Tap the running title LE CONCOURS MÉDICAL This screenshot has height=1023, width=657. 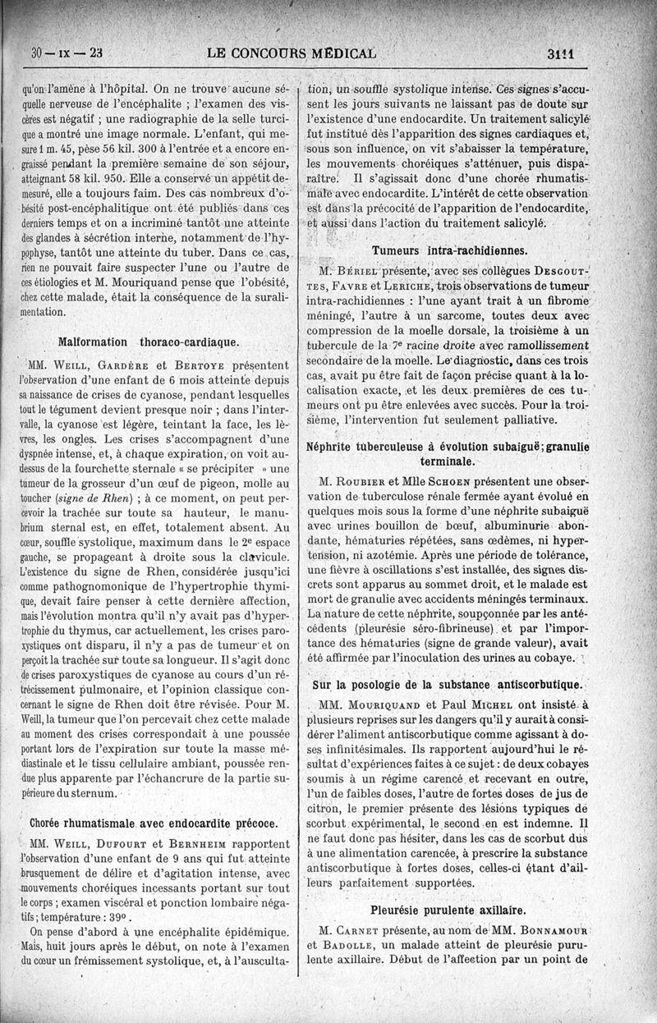(292, 55)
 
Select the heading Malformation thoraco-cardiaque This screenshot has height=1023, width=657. (149, 341)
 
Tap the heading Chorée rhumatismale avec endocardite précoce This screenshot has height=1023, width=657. (153, 821)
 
